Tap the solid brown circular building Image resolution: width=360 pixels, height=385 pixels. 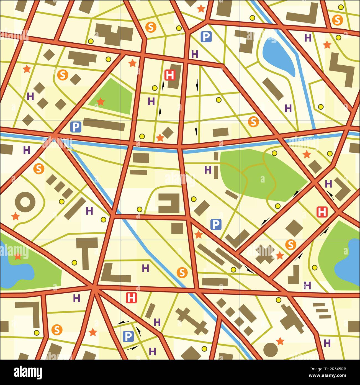(270, 350)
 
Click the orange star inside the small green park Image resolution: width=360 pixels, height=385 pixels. (101, 102)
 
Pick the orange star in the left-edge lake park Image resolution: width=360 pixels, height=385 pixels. (18, 256)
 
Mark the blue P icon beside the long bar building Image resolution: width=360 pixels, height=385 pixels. (76, 127)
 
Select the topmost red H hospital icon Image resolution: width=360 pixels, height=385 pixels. (170, 75)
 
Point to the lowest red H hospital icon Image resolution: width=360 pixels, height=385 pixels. (131, 298)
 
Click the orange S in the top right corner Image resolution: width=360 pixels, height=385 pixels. (337, 20)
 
